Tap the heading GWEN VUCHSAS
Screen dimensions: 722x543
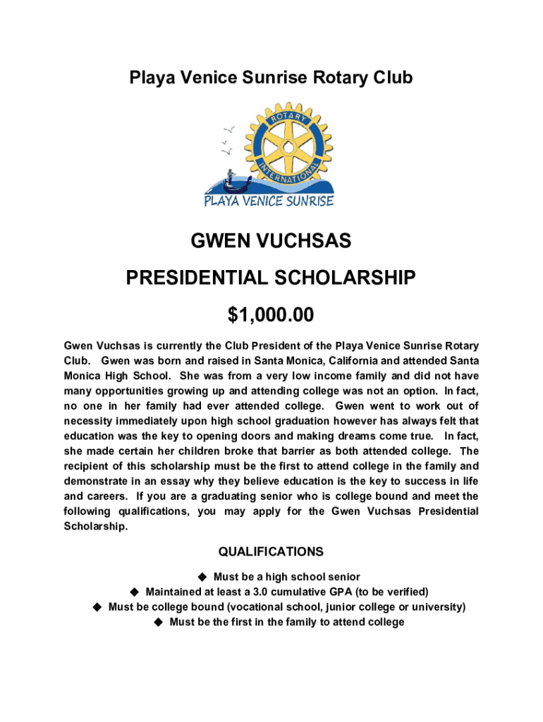pyautogui.click(x=271, y=243)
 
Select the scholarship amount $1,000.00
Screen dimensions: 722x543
pyautogui.click(x=271, y=315)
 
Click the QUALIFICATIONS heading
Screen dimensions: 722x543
pyautogui.click(x=271, y=551)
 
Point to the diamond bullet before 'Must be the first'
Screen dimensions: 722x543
pyautogui.click(x=159, y=622)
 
